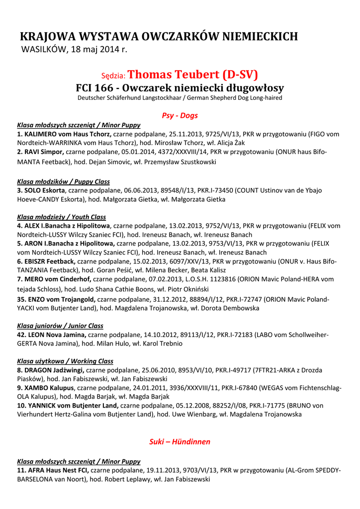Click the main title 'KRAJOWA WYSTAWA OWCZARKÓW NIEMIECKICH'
159,36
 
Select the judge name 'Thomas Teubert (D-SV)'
193,75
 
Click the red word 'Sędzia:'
114,76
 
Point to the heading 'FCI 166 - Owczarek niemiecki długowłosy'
180,88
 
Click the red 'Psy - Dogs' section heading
180,115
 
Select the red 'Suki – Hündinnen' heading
180,441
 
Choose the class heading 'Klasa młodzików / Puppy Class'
63,181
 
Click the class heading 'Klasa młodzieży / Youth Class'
61,217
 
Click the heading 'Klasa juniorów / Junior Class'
60,326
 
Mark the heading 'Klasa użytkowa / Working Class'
65,361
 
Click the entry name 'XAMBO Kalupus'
49,388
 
